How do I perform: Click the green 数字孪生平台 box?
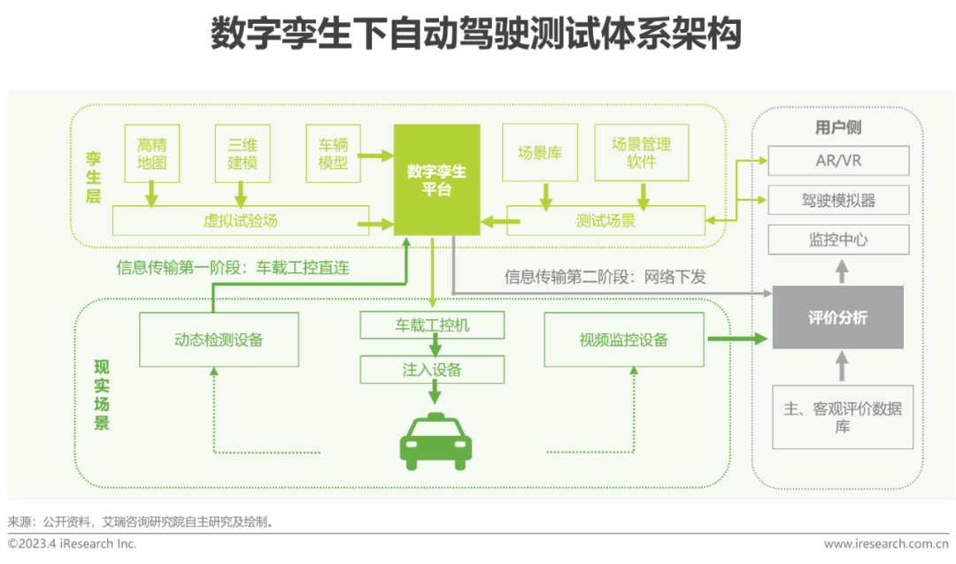tap(437, 179)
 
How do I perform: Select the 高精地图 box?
tap(152, 153)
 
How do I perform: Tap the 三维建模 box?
tap(242, 153)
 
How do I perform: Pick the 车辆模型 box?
tap(333, 153)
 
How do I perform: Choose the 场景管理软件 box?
tap(642, 153)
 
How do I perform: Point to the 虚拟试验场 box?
tap(240, 220)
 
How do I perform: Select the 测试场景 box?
tap(605, 220)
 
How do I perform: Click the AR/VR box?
tap(838, 161)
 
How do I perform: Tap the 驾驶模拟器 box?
tap(838, 200)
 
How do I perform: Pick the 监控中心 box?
tap(838, 239)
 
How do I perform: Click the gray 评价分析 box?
tap(837, 317)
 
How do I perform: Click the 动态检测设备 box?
tap(219, 339)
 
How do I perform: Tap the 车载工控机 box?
tap(432, 325)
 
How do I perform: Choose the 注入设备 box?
tap(432, 370)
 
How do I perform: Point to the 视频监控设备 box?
tap(623, 339)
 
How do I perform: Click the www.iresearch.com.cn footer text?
tap(885, 544)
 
